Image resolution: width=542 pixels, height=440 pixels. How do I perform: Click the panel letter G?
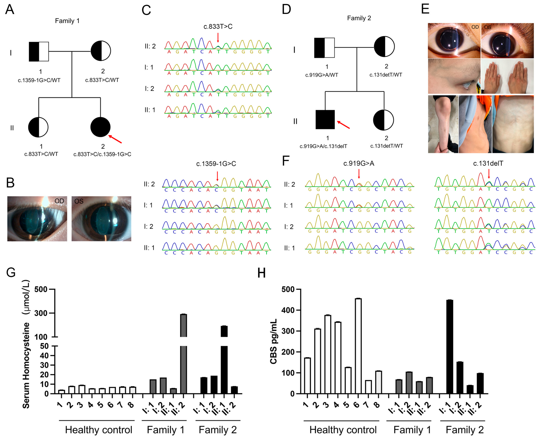click(x=11, y=273)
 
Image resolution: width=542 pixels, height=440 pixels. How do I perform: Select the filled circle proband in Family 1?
click(x=100, y=127)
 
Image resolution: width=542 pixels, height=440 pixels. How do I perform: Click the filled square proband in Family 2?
click(x=325, y=120)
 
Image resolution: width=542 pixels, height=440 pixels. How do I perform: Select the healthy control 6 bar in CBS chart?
click(x=358, y=346)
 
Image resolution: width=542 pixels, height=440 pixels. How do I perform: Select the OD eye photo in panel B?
click(x=37, y=218)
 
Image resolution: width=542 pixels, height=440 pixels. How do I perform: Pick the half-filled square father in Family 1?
click(x=39, y=52)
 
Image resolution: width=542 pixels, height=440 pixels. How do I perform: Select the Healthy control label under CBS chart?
click(x=343, y=430)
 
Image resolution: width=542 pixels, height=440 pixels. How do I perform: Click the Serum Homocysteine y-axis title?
click(x=26, y=345)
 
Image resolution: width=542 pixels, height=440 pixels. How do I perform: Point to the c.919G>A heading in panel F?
click(x=358, y=163)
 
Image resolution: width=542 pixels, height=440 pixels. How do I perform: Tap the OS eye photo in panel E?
click(x=507, y=41)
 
